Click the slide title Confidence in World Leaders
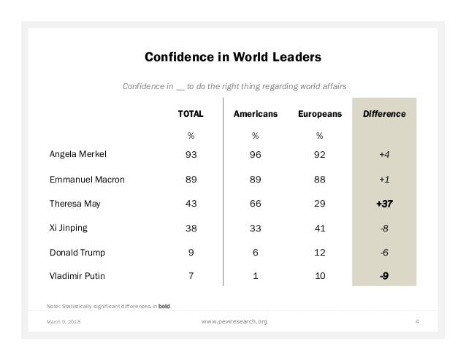click(x=233, y=57)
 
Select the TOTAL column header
click(x=191, y=115)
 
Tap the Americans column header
click(x=255, y=115)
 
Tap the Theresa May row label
click(x=75, y=204)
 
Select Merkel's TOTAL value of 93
click(x=191, y=155)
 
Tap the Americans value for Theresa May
click(x=255, y=204)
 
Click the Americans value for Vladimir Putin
click(x=255, y=276)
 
